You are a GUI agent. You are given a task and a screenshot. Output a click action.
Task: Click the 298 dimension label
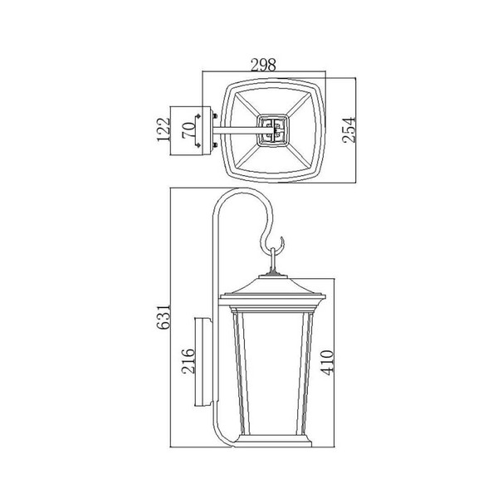tap(263, 65)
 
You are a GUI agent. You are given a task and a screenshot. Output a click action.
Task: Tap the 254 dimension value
tap(349, 130)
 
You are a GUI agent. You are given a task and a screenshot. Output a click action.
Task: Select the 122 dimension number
tap(164, 129)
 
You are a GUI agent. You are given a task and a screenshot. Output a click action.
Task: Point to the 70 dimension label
tap(188, 130)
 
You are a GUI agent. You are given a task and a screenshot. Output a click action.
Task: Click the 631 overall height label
tap(164, 317)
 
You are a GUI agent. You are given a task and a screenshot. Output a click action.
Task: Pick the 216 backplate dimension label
tap(188, 361)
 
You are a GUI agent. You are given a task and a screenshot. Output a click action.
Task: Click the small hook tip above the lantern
tap(281, 237)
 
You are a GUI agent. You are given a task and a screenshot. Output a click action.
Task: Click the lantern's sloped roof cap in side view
tap(273, 286)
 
